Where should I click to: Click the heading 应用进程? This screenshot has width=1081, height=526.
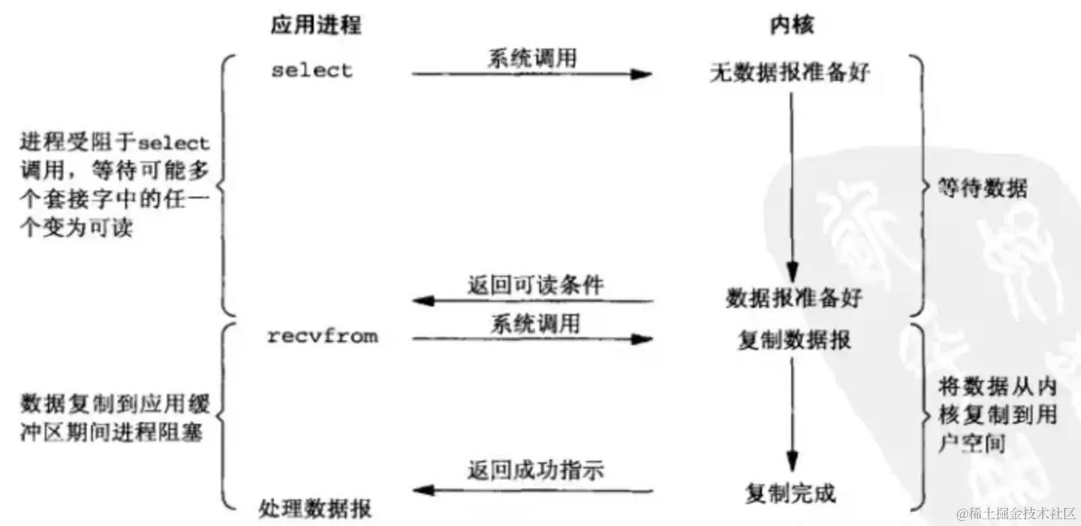[315, 26]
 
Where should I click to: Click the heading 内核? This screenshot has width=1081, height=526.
[791, 26]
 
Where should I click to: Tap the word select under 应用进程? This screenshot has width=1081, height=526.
[312, 71]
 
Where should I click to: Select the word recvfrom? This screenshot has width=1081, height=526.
[323, 337]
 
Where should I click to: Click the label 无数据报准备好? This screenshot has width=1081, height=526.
[790, 73]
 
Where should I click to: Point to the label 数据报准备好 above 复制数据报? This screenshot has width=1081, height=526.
[794, 298]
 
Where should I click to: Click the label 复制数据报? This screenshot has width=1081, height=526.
[794, 340]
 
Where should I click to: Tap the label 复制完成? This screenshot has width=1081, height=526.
[790, 494]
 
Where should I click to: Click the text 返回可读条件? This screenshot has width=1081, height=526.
[535, 285]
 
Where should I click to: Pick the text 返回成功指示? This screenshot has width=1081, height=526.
[535, 471]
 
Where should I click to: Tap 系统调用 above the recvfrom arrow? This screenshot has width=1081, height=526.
[534, 323]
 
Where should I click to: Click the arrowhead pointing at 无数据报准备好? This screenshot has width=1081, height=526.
[642, 74]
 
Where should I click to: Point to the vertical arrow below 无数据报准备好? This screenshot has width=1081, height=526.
[791, 180]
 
